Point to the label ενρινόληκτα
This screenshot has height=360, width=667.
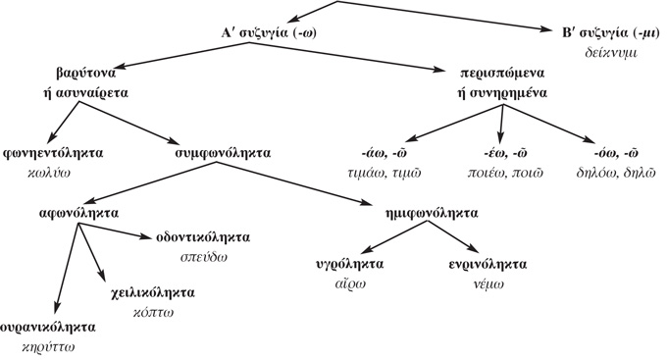[x=482, y=265]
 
